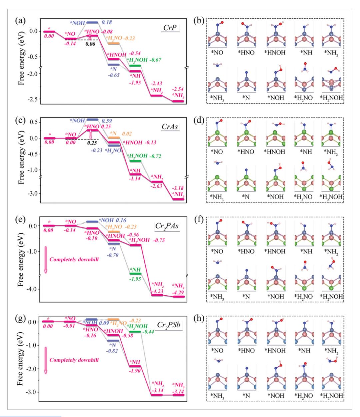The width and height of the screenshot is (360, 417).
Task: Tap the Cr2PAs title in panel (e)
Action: point(167,226)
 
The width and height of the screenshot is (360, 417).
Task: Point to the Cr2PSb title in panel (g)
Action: point(169,325)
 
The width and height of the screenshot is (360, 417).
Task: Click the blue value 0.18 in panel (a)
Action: point(107,22)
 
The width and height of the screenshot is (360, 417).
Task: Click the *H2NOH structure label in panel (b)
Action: point(331,98)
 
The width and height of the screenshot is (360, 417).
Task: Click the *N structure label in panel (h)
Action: point(246,396)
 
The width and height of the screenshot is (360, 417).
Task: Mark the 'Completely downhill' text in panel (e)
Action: point(74,259)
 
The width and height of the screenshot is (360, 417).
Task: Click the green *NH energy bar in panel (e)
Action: point(135,274)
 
